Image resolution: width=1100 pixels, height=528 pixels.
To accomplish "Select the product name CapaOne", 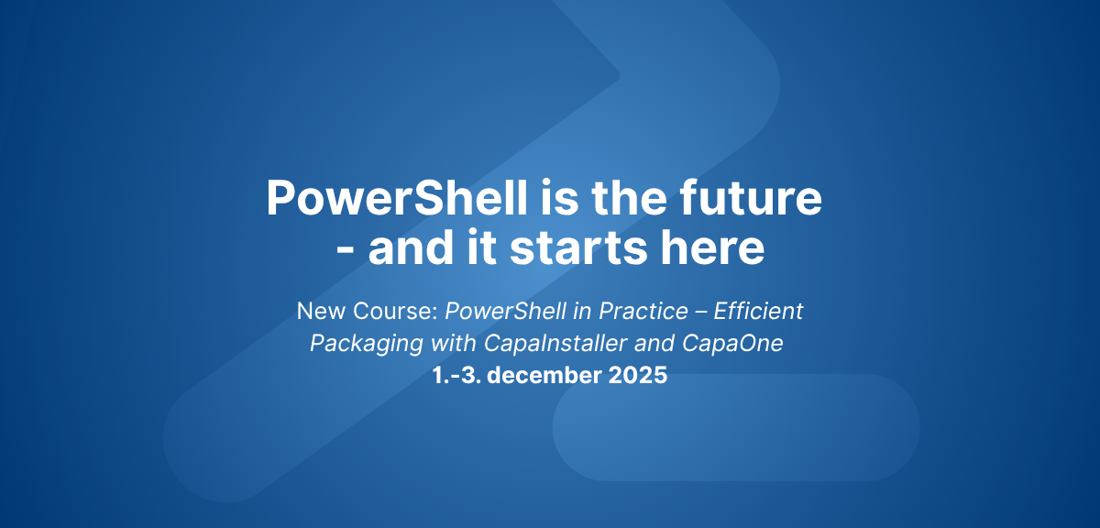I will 751,344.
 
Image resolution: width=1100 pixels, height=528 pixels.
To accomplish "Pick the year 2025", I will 635,376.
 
